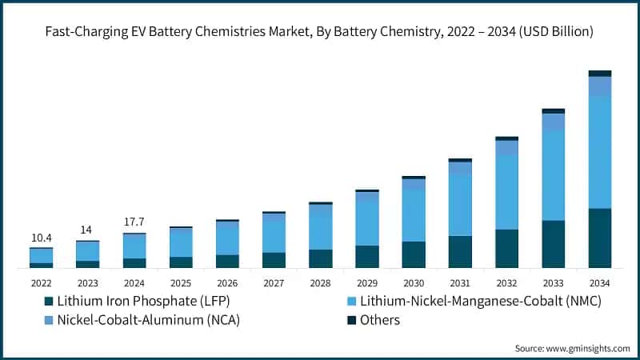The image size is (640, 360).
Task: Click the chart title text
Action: click(320, 33)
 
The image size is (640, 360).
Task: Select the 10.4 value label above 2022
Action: click(41, 238)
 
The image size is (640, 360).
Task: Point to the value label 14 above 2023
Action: click(87, 230)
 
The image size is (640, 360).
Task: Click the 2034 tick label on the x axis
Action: click(599, 282)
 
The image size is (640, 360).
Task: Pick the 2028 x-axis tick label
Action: click(320, 282)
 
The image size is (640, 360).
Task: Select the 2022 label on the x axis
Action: click(41, 282)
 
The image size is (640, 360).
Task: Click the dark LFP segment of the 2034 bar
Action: click(599, 238)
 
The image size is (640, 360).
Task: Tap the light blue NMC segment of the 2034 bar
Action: click(599, 152)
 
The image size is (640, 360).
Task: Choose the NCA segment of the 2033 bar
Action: click(553, 122)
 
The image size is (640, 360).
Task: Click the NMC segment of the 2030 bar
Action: click(414, 215)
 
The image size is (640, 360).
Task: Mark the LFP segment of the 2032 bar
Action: click(506, 248)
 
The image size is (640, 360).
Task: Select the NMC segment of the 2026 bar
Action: click(227, 238)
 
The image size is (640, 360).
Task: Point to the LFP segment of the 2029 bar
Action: click(367, 256)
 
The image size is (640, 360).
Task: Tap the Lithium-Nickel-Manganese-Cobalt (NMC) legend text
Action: click(480, 301)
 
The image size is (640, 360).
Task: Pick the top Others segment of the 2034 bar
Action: click(599, 73)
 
